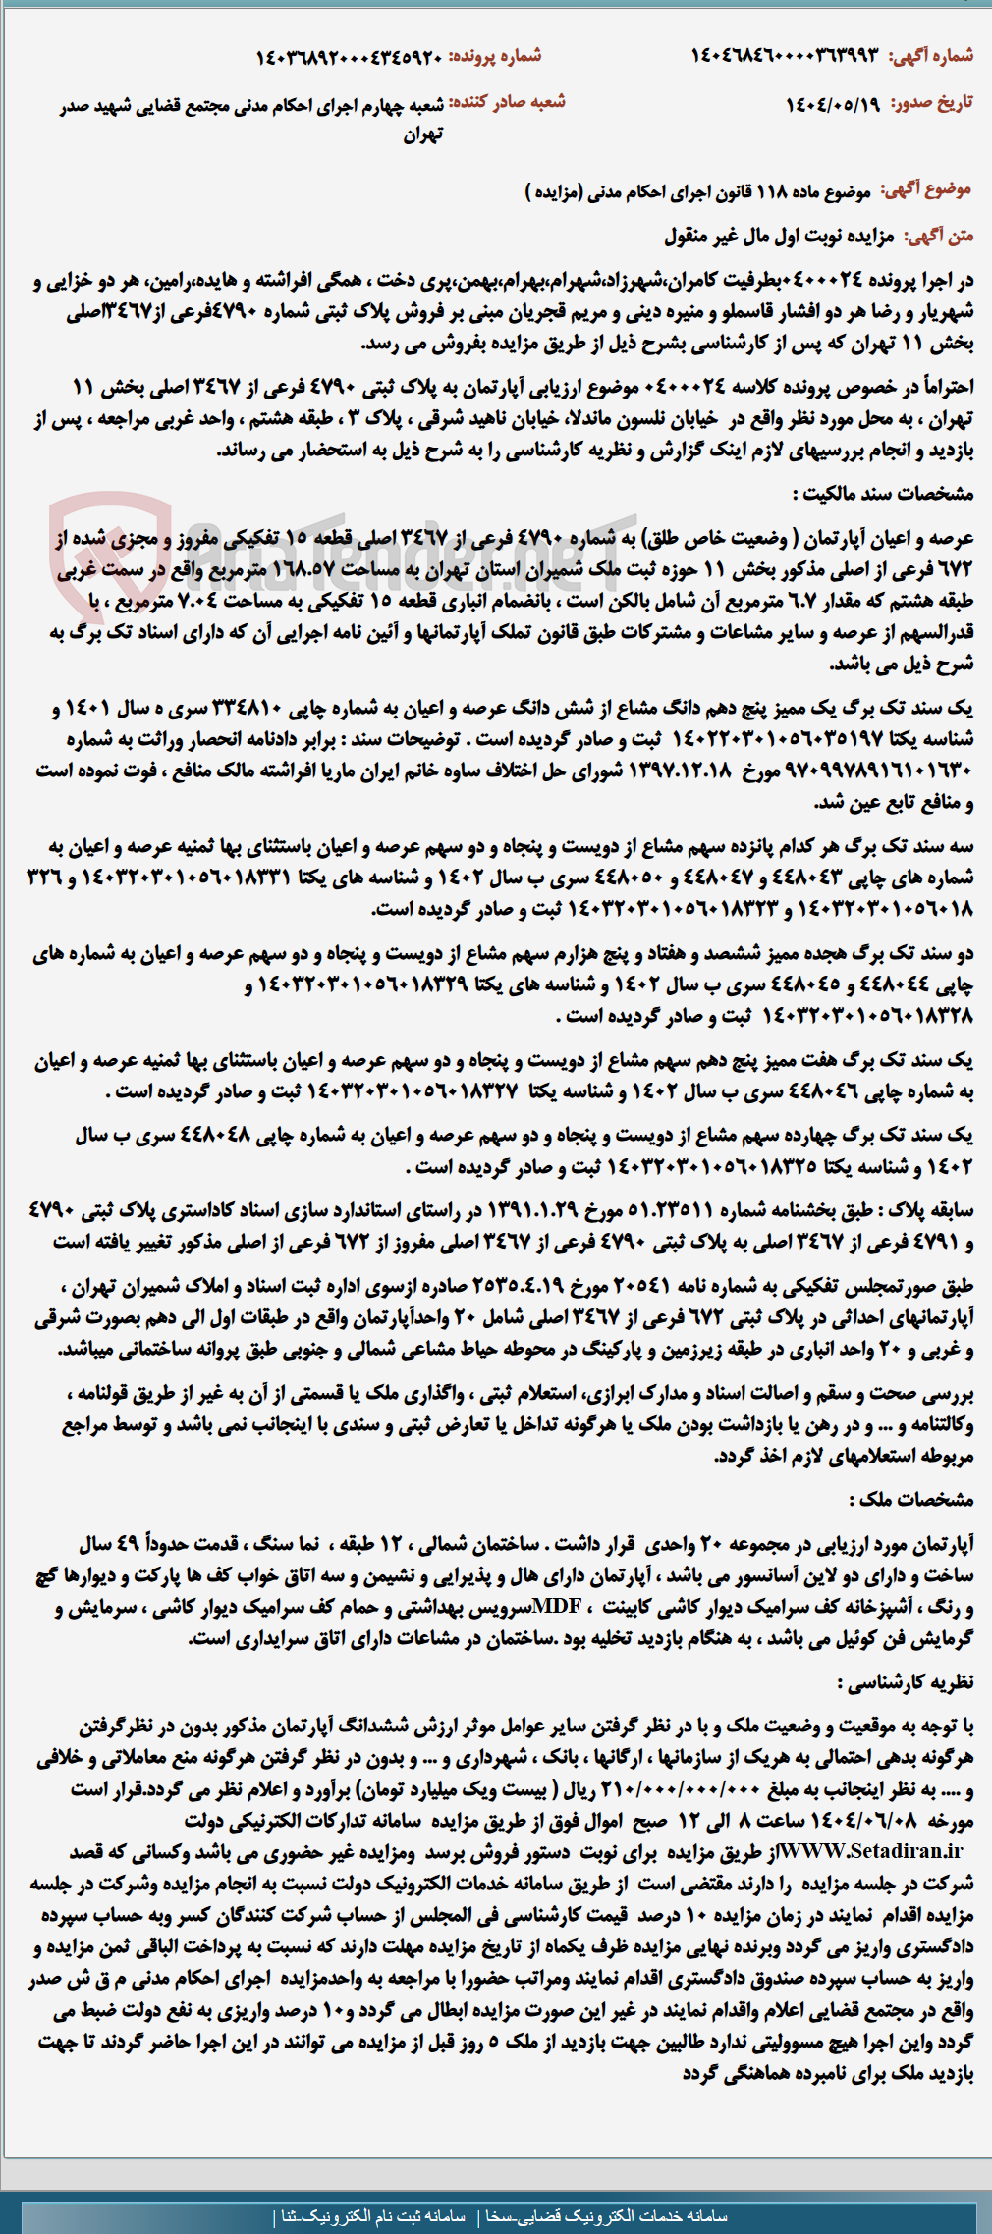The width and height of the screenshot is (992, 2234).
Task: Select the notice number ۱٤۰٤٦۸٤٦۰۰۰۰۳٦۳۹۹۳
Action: pyautogui.click(x=786, y=56)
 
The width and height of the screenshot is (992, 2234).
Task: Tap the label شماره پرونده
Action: pyautogui.click(x=495, y=56)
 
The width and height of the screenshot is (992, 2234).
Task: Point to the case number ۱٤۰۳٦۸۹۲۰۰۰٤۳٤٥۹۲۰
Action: pyautogui.click(x=350, y=57)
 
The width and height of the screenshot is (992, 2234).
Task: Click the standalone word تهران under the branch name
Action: pyautogui.click(x=423, y=134)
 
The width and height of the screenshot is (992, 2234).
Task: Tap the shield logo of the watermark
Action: pyautogui.click(x=109, y=550)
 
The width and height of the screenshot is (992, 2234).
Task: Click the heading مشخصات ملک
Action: pyautogui.click(x=910, y=1499)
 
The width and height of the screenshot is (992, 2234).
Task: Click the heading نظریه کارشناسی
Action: pyautogui.click(x=905, y=1681)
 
